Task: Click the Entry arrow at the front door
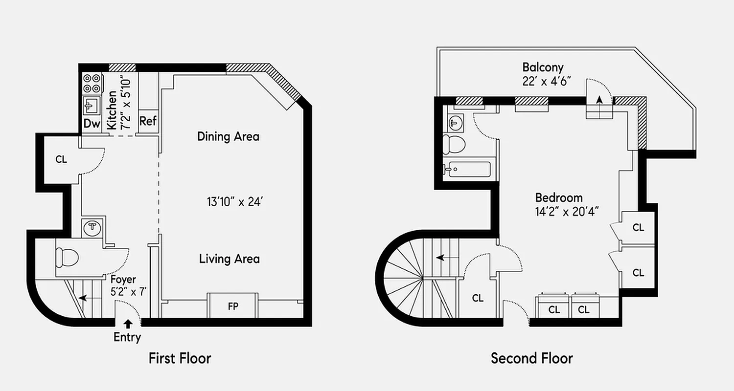(x=128, y=323)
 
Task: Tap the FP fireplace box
(x=233, y=307)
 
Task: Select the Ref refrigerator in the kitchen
(x=148, y=121)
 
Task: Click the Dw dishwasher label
(x=92, y=124)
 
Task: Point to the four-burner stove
(x=92, y=83)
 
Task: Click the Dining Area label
(x=228, y=136)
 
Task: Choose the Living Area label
(x=229, y=259)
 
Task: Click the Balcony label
(x=543, y=67)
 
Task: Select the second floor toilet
(x=453, y=145)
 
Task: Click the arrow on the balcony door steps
(x=599, y=100)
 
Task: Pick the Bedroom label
(x=559, y=198)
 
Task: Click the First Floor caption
(x=180, y=358)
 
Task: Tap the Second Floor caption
(x=532, y=358)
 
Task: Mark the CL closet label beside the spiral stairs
(x=478, y=298)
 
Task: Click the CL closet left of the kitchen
(x=61, y=159)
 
